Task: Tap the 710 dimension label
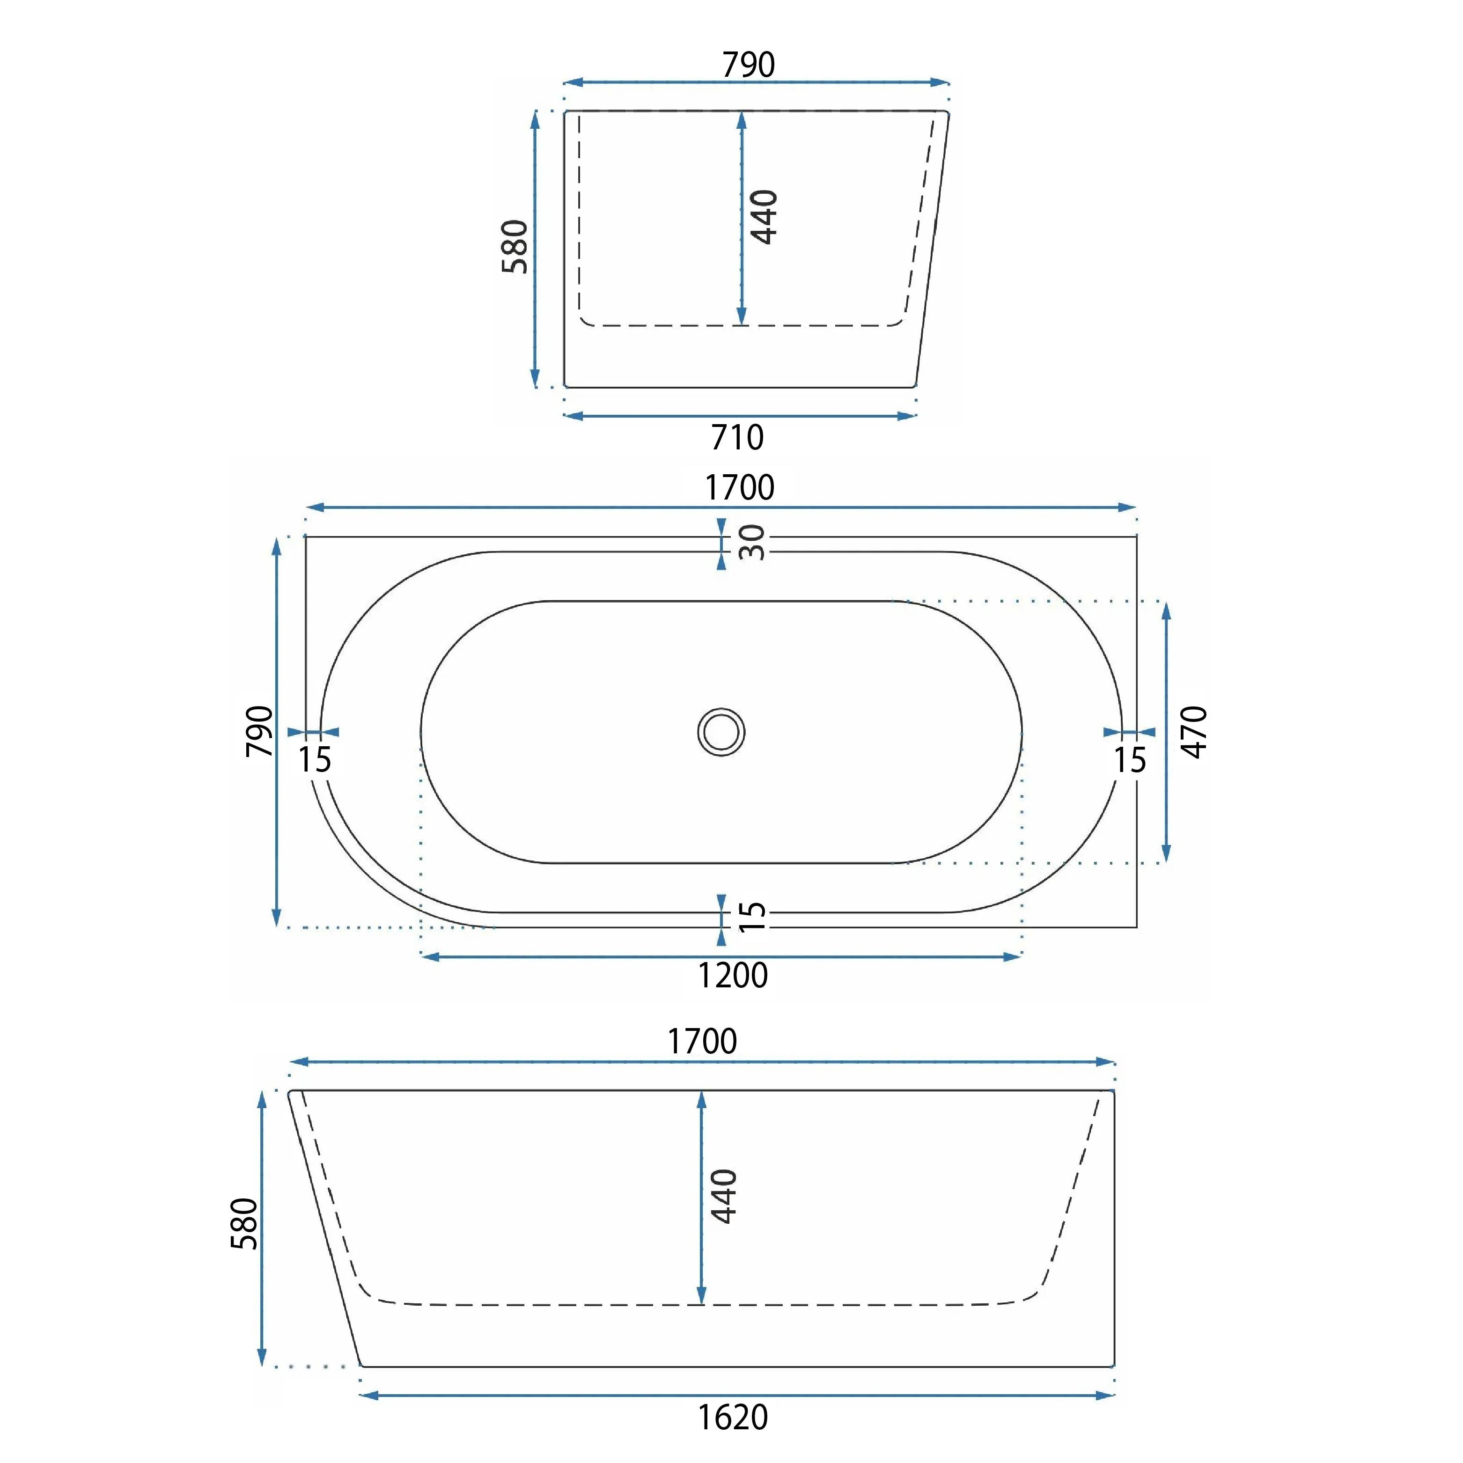[737, 438]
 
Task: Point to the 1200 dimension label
[732, 975]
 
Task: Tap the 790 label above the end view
[748, 65]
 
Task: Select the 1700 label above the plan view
[740, 488]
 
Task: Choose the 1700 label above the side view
[702, 1042]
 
